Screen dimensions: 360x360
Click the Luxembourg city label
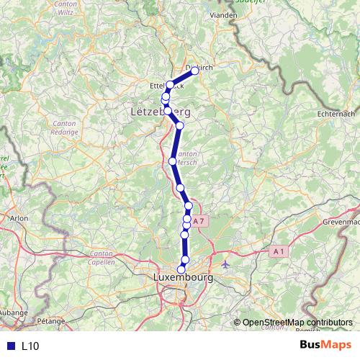pos(183,277)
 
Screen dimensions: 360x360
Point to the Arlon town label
pos(19,216)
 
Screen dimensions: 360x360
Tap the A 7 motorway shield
pos(200,221)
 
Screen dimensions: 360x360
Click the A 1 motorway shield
pos(279,251)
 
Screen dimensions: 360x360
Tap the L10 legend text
pos(30,346)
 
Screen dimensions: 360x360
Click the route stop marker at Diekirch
pos(194,71)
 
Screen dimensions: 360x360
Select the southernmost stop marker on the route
pos(181,269)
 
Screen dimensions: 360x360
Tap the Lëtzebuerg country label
pos(166,112)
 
